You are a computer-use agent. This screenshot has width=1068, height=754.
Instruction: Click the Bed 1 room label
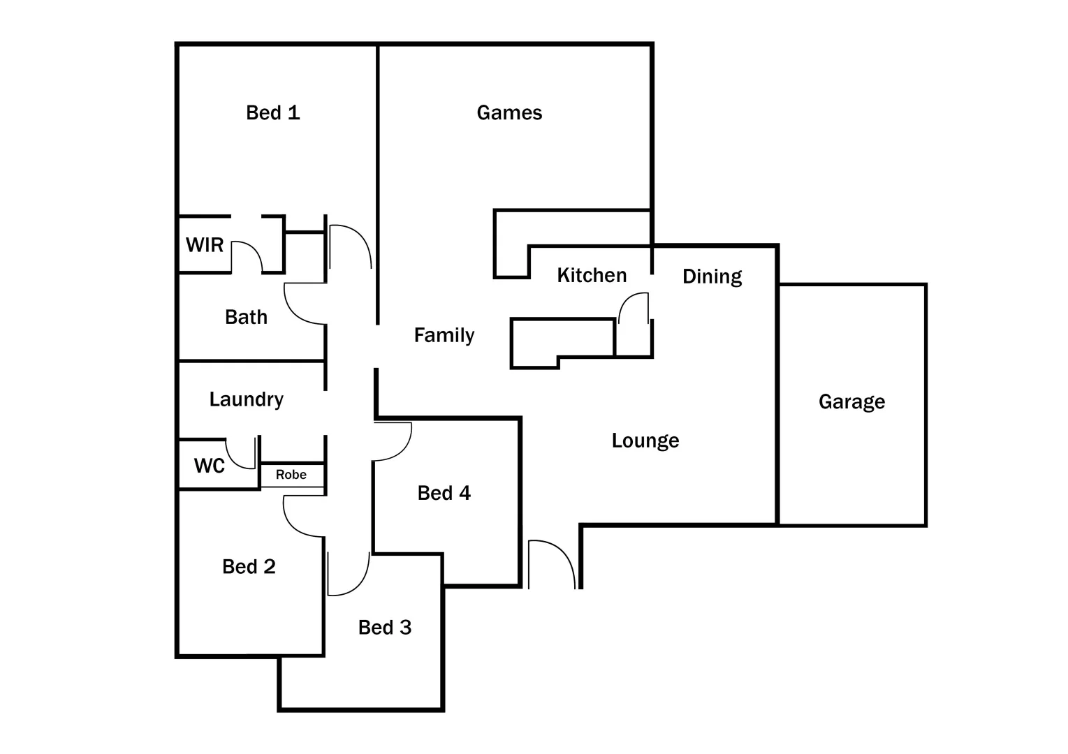tap(272, 112)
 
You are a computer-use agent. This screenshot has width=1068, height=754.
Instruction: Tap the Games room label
tap(509, 112)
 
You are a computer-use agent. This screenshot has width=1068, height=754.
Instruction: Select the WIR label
tap(205, 245)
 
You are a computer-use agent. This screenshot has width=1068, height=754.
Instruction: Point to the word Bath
tap(246, 317)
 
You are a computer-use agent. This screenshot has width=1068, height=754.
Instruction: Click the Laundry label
tap(246, 399)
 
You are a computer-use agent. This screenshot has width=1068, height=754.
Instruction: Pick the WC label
tap(209, 466)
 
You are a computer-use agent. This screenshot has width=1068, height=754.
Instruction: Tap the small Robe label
tap(291, 475)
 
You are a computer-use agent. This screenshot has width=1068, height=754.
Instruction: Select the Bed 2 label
tap(249, 566)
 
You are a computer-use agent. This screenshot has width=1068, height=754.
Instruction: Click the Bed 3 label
tap(384, 628)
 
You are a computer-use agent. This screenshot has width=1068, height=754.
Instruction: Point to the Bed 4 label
tap(444, 493)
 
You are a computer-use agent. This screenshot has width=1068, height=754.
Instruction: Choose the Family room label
tap(444, 335)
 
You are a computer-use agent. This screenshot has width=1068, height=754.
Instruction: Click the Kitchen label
tap(592, 275)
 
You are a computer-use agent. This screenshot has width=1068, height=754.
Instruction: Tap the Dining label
tap(712, 276)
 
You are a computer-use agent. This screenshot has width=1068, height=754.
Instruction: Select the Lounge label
tap(645, 441)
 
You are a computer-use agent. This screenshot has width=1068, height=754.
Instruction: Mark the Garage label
tap(851, 401)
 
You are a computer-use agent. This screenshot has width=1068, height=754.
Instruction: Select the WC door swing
tap(242, 454)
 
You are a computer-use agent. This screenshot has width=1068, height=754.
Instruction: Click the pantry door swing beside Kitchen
tap(634, 307)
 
